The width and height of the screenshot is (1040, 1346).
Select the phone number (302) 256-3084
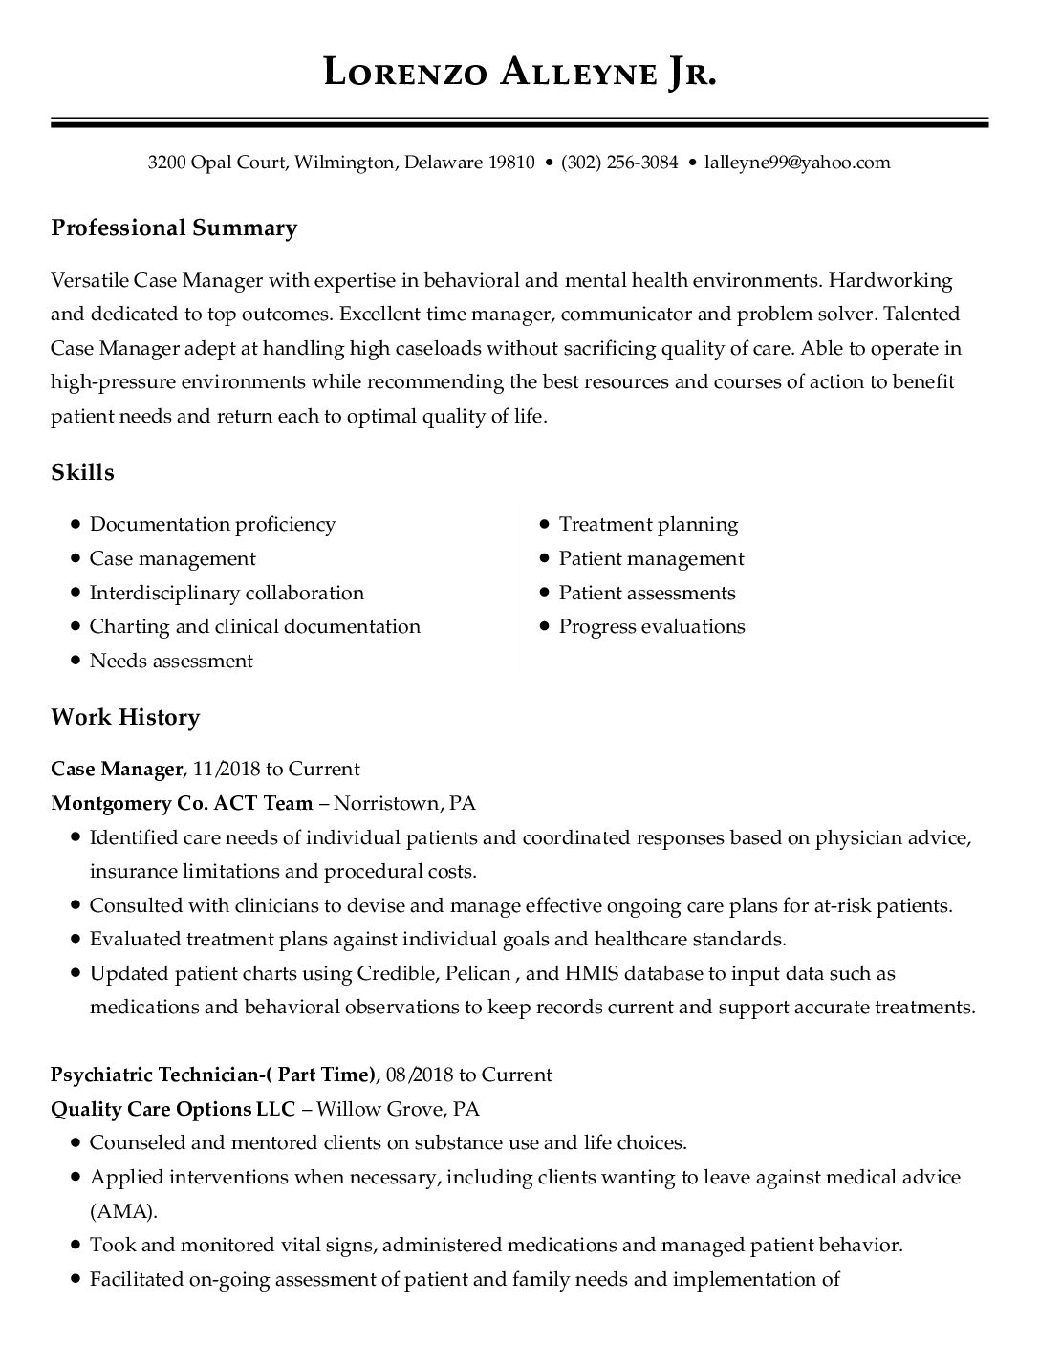pyautogui.click(x=619, y=163)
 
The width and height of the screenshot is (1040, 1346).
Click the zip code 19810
pyautogui.click(x=511, y=163)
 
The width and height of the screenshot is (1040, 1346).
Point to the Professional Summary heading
pyautogui.click(x=174, y=228)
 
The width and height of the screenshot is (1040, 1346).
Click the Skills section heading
pyautogui.click(x=82, y=472)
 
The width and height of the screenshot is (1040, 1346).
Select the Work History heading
pyautogui.click(x=125, y=717)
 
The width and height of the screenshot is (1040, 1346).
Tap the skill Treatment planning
pyautogui.click(x=648, y=524)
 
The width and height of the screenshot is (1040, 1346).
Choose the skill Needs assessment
pyautogui.click(x=171, y=661)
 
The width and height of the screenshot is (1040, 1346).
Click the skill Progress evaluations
pyautogui.click(x=652, y=626)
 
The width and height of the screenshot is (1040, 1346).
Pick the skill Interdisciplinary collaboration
pyautogui.click(x=227, y=593)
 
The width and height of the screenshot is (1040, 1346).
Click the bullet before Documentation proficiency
pyautogui.click(x=75, y=524)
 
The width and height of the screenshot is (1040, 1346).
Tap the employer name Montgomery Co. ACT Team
pyautogui.click(x=182, y=803)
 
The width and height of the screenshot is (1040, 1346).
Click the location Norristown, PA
pyautogui.click(x=404, y=803)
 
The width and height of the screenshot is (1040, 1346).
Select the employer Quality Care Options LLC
pyautogui.click(x=174, y=1109)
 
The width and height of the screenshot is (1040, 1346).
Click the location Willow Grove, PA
pyautogui.click(x=398, y=1109)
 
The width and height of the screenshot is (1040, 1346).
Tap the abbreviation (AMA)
pyautogui.click(x=122, y=1211)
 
